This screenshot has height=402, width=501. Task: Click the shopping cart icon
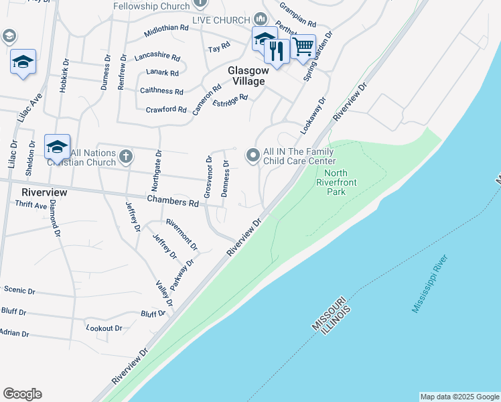point(303,46)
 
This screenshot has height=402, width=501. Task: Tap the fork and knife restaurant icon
point(276,50)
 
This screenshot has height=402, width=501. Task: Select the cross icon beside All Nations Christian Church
point(126,157)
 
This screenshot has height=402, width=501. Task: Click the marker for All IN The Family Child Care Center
point(253,155)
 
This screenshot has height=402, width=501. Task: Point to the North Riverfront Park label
point(337,182)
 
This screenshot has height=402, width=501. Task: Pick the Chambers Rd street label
point(173,202)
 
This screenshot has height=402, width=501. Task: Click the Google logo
point(22,394)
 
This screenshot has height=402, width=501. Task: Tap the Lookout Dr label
point(104,328)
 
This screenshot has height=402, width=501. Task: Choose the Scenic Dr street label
point(19,291)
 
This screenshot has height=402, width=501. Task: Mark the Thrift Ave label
point(31,206)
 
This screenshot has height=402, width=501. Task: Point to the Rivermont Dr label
point(182,234)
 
